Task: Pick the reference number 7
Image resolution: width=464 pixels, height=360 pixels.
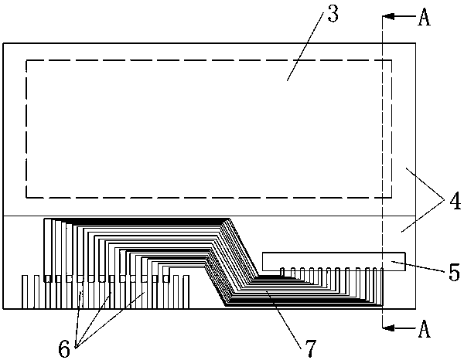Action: [309, 349]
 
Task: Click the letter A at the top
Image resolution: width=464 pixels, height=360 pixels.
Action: [424, 18]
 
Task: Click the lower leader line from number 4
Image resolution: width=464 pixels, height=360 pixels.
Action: [424, 219]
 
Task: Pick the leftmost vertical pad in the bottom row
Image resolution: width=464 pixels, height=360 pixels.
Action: [26, 292]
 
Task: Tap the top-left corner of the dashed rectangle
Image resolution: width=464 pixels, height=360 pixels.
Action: [27, 60]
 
